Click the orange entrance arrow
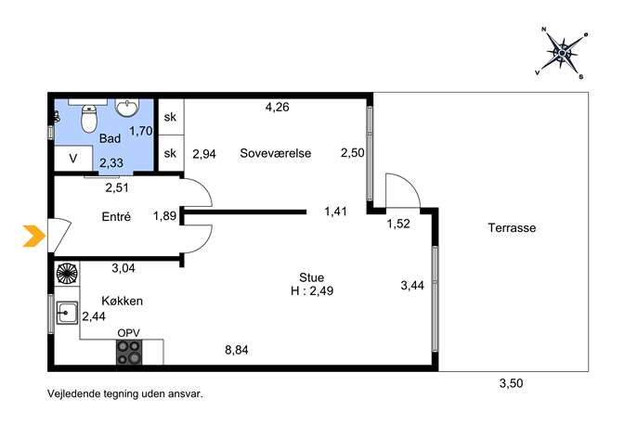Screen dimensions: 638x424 (x=34, y=236)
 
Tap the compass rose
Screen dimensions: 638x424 (x=563, y=53)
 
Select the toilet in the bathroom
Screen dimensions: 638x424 (x=89, y=119)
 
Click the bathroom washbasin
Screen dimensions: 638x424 (x=127, y=108)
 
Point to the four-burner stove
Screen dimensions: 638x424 (x=129, y=352)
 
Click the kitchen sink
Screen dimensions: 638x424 (x=67, y=313)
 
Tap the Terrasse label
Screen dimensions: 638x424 (x=512, y=227)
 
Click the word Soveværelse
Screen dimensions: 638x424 (x=276, y=153)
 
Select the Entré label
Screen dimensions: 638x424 (x=116, y=216)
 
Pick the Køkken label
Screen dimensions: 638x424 (x=122, y=301)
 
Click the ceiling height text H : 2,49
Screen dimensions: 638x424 (x=312, y=291)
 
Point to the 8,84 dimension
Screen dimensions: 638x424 (x=237, y=350)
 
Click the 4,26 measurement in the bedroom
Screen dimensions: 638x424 (x=277, y=107)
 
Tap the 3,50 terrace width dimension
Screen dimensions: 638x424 (x=511, y=383)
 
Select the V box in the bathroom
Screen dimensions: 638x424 (x=73, y=158)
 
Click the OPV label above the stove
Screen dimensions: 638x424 (x=128, y=333)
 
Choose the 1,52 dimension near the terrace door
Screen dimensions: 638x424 (x=398, y=224)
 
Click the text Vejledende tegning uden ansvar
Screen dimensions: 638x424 (x=125, y=394)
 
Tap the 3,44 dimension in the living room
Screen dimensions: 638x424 (x=412, y=286)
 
